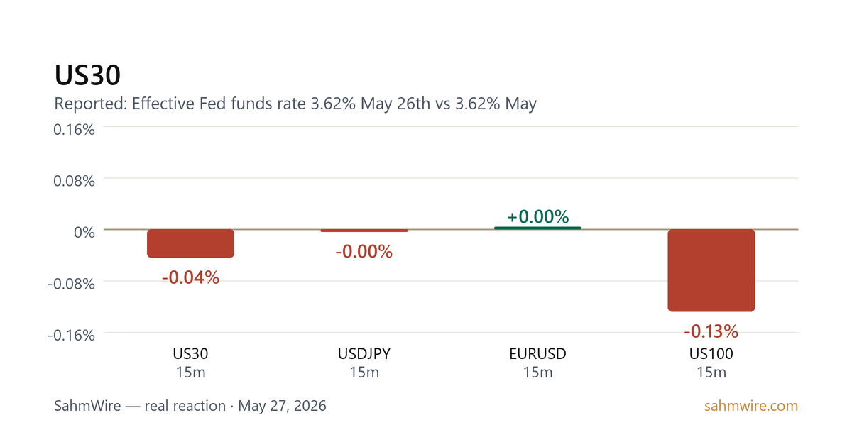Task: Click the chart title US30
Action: pyautogui.click(x=87, y=75)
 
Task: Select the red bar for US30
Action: pyautogui.click(x=190, y=243)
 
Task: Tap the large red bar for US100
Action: pyautogui.click(x=711, y=270)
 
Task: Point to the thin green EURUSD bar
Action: pyautogui.click(x=538, y=228)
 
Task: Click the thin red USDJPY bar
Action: pyautogui.click(x=364, y=231)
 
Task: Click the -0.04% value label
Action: pyautogui.click(x=190, y=277)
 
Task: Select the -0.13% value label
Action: pyautogui.click(x=711, y=331)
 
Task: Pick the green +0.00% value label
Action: pyautogui.click(x=538, y=216)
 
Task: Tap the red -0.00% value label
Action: pyautogui.click(x=364, y=252)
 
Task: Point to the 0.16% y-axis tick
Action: pyautogui.click(x=74, y=130)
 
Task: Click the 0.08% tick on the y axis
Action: pyautogui.click(x=74, y=181)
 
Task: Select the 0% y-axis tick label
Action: pyautogui.click(x=84, y=232)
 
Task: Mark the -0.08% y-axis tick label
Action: pyautogui.click(x=71, y=284)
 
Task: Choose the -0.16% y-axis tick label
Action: pyautogui.click(x=71, y=335)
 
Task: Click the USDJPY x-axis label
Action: pyautogui.click(x=364, y=354)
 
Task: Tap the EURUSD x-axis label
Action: pyautogui.click(x=538, y=354)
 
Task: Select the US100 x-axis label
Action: pyautogui.click(x=711, y=354)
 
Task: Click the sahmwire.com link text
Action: pyautogui.click(x=751, y=406)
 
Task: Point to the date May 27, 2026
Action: pyautogui.click(x=282, y=406)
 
